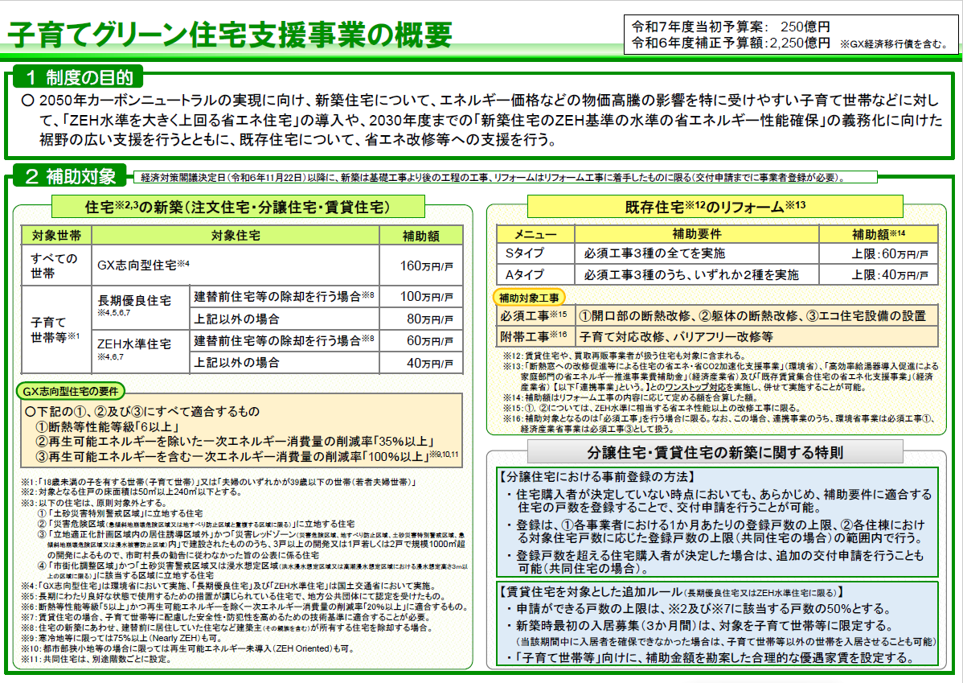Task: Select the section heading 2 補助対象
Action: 71,176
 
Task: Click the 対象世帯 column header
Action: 55,236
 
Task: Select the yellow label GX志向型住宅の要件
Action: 70,391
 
